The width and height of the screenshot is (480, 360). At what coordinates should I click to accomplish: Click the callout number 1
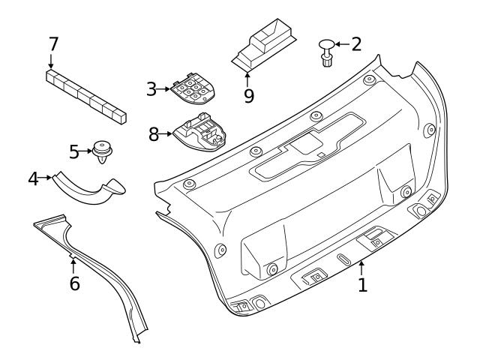coord(362,285)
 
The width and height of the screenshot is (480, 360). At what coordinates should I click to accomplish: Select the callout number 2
coord(355,43)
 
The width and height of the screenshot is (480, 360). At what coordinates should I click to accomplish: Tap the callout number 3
coord(151,89)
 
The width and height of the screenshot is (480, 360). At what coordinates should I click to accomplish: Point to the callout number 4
coord(33,178)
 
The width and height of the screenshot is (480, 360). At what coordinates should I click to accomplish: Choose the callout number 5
coord(73,152)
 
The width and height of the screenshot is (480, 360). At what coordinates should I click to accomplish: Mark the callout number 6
coord(73,284)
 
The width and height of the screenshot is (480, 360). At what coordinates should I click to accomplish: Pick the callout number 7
coord(53,43)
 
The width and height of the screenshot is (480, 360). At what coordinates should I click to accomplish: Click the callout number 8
coord(154,134)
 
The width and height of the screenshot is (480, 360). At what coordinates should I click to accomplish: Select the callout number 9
coord(248,95)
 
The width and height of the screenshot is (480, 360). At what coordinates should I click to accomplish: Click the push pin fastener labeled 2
coord(327,51)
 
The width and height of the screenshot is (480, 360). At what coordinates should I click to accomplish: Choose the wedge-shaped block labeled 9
coord(264,47)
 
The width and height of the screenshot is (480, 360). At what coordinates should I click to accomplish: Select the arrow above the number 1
coord(361,267)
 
